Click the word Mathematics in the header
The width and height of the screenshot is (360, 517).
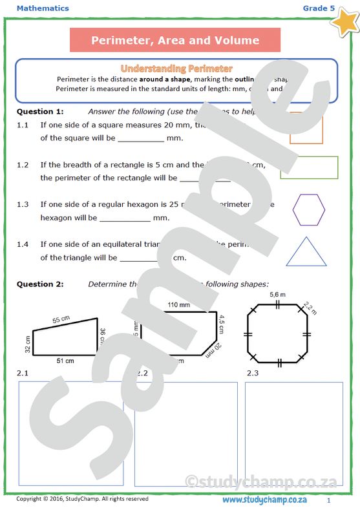click(43, 8)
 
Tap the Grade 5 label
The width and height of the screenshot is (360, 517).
click(319, 8)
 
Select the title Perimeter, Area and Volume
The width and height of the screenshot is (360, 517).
click(175, 41)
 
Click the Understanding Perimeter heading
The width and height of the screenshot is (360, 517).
click(176, 69)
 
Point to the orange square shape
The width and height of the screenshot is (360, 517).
click(306, 127)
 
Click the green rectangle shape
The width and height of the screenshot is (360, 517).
click(309, 167)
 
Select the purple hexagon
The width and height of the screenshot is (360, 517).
click(308, 209)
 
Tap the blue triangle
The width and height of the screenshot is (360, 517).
click(306, 252)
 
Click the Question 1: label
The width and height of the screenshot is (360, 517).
click(39, 112)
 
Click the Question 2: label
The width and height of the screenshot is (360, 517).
click(39, 284)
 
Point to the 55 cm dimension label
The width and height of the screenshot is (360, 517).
click(61, 320)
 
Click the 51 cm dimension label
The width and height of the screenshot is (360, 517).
click(65, 360)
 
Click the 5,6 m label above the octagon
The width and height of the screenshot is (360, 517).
click(278, 296)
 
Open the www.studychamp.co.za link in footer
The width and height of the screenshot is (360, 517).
click(264, 500)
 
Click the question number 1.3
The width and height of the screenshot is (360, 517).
click(23, 204)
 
